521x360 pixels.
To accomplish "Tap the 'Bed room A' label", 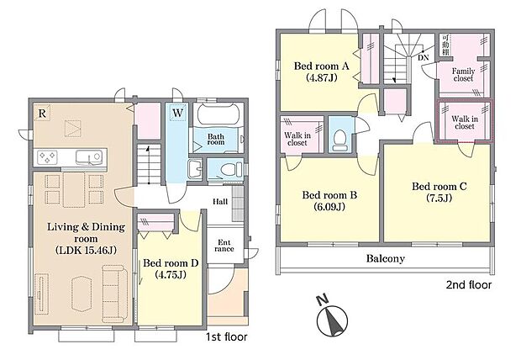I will coord(319,72).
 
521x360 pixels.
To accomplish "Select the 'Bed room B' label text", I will coord(329,200).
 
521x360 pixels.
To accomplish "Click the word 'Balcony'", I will coord(386,258).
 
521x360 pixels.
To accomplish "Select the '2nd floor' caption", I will coord(470,285).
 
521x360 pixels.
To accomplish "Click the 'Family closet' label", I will coord(463,77).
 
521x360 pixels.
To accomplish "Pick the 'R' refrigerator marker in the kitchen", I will coord(41,111).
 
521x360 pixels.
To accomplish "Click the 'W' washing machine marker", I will coord(178,113).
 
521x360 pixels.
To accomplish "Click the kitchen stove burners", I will coord(47,156).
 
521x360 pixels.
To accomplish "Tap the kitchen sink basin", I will coord(87,156).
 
